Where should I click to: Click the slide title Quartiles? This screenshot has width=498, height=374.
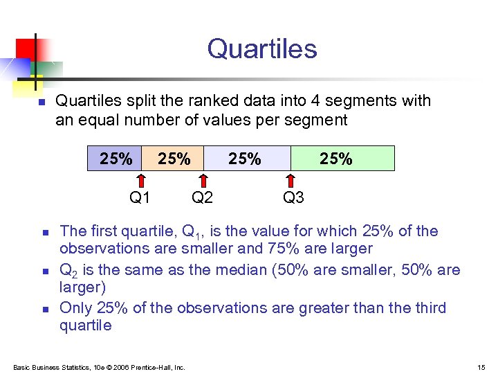point(261,49)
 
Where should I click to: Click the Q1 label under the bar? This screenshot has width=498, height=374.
point(140,198)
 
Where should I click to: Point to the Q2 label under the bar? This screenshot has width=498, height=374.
point(202,198)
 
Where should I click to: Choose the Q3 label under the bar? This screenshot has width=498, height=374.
point(293,198)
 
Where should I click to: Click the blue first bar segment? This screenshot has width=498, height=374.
point(115,159)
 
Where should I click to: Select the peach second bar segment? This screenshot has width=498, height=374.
point(173,159)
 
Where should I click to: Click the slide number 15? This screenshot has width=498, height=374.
point(482,367)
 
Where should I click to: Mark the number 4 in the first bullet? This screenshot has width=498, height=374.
point(315,101)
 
